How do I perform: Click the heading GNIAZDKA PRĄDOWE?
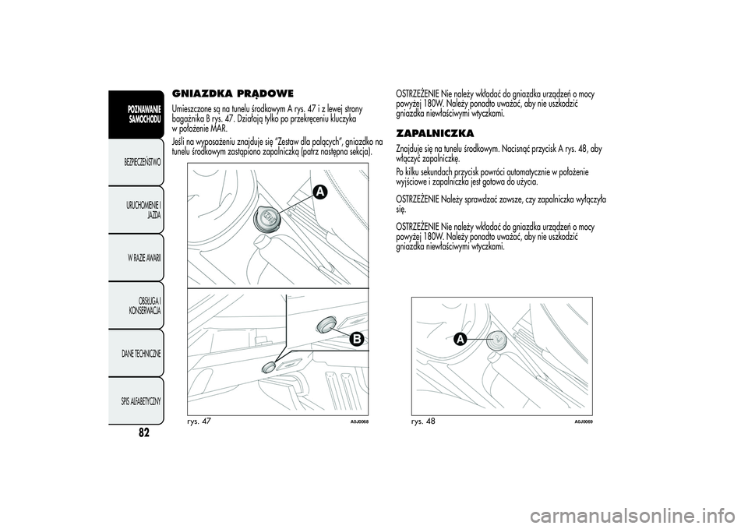pyautogui.click(x=232, y=93)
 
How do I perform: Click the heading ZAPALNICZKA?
pyautogui.click(x=435, y=132)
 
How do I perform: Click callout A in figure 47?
pyautogui.click(x=320, y=192)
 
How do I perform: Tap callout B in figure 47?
pyautogui.click(x=356, y=339)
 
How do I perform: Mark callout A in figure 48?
pyautogui.click(x=460, y=339)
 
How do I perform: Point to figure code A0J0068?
pyautogui.click(x=360, y=422)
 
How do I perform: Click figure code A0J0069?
pyautogui.click(x=584, y=422)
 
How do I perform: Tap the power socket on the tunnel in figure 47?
pyautogui.click(x=269, y=219)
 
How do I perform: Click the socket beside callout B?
pyautogui.click(x=326, y=325)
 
